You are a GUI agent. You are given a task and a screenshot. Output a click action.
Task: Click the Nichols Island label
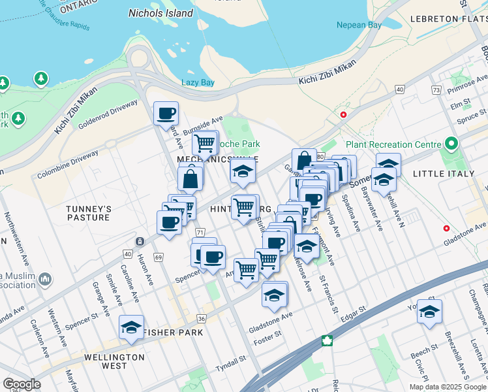pos(160,13)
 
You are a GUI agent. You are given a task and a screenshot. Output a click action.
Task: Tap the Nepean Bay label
pos(359,25)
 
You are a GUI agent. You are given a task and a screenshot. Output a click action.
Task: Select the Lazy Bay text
pos(198,82)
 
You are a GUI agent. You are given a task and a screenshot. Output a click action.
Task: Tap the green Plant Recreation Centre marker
pos(451,144)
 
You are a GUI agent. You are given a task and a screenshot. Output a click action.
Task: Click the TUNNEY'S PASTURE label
pos(89,213)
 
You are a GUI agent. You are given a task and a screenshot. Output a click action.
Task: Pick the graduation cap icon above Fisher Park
pos(131,327)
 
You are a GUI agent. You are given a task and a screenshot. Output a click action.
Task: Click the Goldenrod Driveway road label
pos(110,112)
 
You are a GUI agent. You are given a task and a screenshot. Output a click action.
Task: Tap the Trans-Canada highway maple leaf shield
pos(326,341)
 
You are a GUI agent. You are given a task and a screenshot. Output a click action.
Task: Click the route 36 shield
pos(202,319)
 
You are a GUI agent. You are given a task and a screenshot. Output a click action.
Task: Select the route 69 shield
pos(159,257)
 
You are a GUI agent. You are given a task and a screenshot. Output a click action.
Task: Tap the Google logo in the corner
pos(22,384)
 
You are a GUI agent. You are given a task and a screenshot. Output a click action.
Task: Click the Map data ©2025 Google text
pos(447,387)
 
